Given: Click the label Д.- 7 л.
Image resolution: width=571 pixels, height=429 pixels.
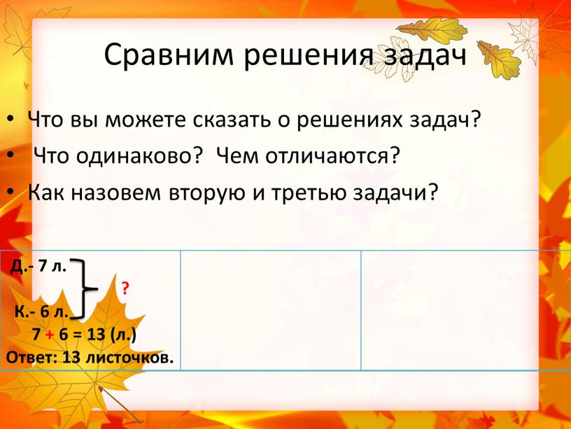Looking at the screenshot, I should pos(39,265).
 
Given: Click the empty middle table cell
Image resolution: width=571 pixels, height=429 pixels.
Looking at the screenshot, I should pos(271,309).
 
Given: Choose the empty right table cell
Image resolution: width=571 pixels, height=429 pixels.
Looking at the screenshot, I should pos(465,309).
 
